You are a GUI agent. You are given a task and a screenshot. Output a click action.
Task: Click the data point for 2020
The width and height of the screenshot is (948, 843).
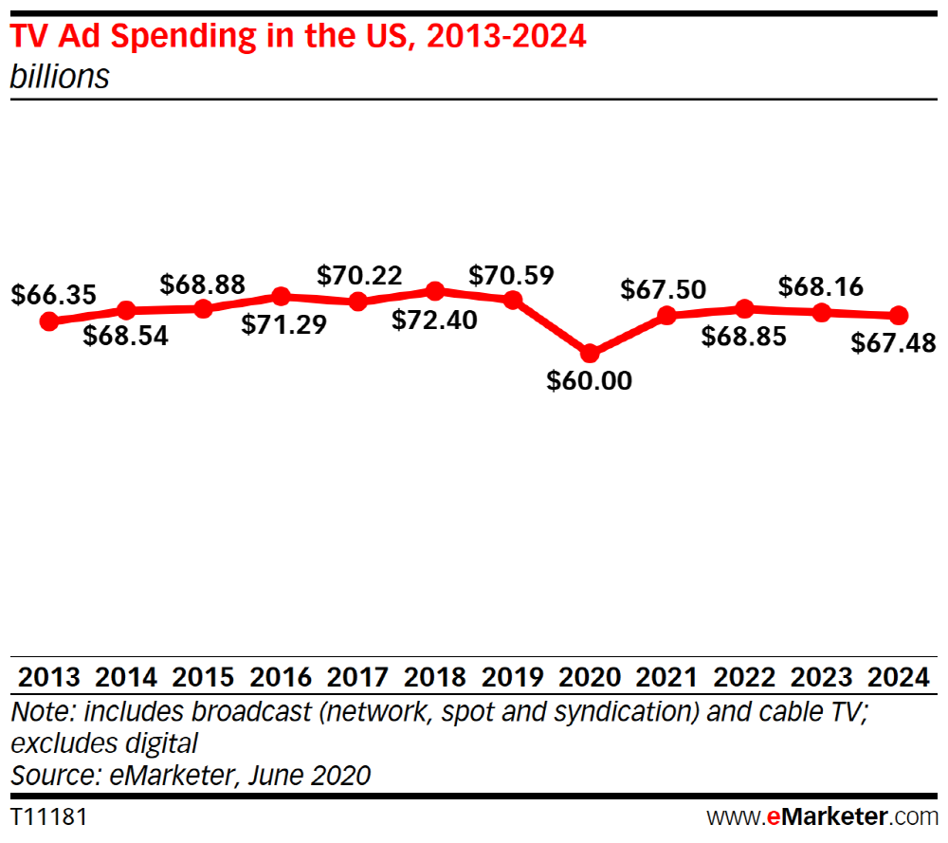pos(590,353)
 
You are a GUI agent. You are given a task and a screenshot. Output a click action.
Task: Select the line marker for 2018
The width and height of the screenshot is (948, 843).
pos(435,290)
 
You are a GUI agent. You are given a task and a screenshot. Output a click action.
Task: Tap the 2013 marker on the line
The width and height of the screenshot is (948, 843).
pos(48,321)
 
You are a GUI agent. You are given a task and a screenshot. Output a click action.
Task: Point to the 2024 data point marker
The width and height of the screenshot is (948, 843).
pos(899,315)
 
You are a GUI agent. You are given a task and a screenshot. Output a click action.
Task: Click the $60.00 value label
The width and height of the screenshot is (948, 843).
pos(590,381)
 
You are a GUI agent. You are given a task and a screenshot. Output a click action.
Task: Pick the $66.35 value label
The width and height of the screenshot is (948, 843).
pos(53,295)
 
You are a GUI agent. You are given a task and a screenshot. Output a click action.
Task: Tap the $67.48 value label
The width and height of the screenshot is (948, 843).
pos(894,342)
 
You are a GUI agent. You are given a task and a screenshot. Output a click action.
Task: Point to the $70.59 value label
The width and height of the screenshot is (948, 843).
pos(512,276)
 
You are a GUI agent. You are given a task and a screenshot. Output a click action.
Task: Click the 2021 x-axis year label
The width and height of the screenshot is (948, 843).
pos(667,678)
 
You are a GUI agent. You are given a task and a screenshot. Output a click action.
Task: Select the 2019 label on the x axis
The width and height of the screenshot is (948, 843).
pos(512,678)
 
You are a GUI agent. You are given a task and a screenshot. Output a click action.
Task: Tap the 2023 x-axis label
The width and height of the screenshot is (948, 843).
pos(822,678)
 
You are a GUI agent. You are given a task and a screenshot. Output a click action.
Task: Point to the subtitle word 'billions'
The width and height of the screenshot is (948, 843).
pos(60,77)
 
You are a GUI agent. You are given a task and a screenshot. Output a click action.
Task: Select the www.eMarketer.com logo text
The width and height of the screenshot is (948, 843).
pos(822,816)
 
